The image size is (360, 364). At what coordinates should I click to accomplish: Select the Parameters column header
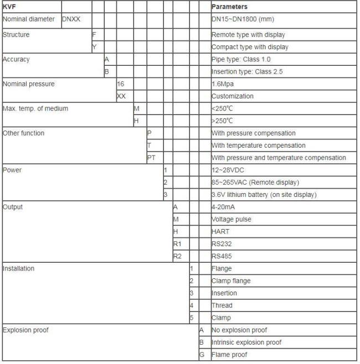coord(229,7)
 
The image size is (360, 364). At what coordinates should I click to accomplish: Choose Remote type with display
coord(249,35)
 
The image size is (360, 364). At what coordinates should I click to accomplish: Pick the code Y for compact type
coord(95,47)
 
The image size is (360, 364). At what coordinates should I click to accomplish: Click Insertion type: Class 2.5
coord(249,71)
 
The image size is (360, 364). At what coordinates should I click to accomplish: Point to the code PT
coord(151,158)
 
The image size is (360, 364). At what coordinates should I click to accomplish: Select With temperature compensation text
coord(258,145)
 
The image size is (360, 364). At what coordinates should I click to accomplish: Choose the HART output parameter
coord(221,231)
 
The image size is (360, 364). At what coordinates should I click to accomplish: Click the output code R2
coord(177,256)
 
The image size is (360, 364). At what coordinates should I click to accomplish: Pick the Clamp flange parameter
coord(231,280)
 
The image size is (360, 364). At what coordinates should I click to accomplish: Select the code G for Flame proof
coord(202,355)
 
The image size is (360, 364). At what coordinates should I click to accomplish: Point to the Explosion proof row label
coord(25,330)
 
